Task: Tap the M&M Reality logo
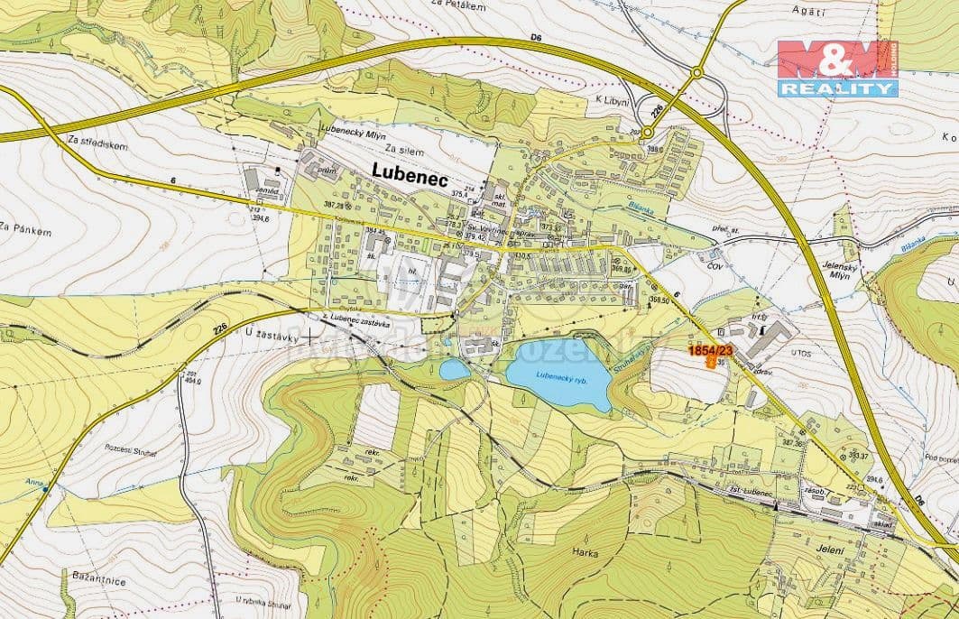(x=837, y=69)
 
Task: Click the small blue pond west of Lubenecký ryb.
(x=455, y=369)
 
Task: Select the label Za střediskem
(x=97, y=143)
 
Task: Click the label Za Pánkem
(x=26, y=232)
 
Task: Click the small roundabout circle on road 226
(x=648, y=133)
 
